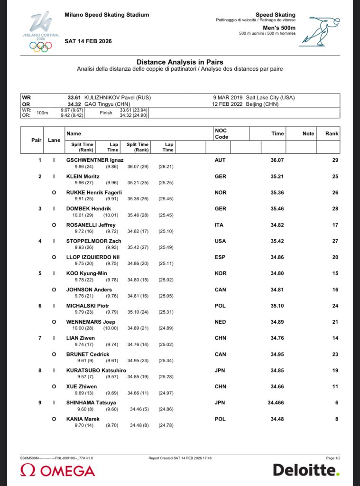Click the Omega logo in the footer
point(57,470)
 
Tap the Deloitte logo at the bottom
point(306,470)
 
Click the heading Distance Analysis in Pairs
point(180,62)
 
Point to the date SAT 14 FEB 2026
point(88,41)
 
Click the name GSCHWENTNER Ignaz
point(94,160)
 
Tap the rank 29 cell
point(335,160)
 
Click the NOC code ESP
point(220,257)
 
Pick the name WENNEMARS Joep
point(91,322)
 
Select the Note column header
point(308,134)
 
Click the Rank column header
point(332,134)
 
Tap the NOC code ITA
point(220,225)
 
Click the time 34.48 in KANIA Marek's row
point(277,419)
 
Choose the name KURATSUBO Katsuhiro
point(96,370)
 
